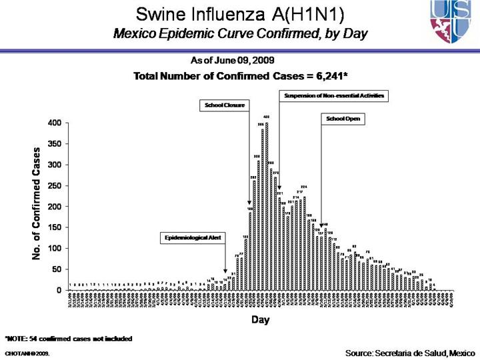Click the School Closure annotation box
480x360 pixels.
[223, 105]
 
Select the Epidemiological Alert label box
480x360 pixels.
[194, 237]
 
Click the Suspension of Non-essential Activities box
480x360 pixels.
[334, 96]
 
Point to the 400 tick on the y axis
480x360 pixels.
[56, 123]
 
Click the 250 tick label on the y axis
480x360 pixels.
[56, 186]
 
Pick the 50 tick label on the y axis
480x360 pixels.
[58, 269]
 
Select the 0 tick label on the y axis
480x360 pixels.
[60, 290]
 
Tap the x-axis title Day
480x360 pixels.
[260, 320]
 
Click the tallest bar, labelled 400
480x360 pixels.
[267, 207]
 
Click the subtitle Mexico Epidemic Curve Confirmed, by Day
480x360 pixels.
[240, 33]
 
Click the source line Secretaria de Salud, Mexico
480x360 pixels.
[410, 351]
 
